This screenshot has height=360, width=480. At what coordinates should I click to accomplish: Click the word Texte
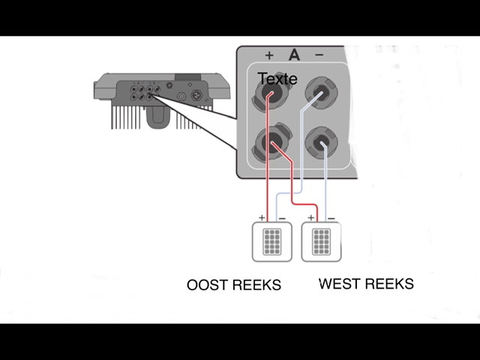277,79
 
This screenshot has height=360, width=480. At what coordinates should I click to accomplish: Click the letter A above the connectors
293,55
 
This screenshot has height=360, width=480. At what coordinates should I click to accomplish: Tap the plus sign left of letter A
269,55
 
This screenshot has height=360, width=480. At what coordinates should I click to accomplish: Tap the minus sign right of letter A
319,55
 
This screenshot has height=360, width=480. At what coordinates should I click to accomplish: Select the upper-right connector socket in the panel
321,94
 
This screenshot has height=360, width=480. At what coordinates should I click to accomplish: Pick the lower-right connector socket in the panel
321,142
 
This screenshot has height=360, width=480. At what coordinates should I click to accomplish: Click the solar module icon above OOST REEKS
271,242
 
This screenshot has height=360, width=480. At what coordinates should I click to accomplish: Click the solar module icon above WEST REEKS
322,242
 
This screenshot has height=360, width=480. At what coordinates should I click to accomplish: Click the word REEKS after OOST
257,285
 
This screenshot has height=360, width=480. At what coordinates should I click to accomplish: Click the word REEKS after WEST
389,284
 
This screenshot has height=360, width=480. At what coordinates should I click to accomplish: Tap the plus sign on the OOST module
262,218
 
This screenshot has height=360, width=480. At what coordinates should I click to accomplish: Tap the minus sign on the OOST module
281,218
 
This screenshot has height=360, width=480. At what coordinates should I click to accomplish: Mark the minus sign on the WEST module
331,218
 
